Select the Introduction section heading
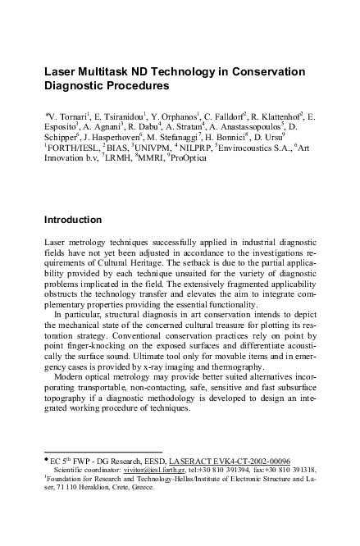click(72, 220)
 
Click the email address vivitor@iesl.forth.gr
click(161, 471)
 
